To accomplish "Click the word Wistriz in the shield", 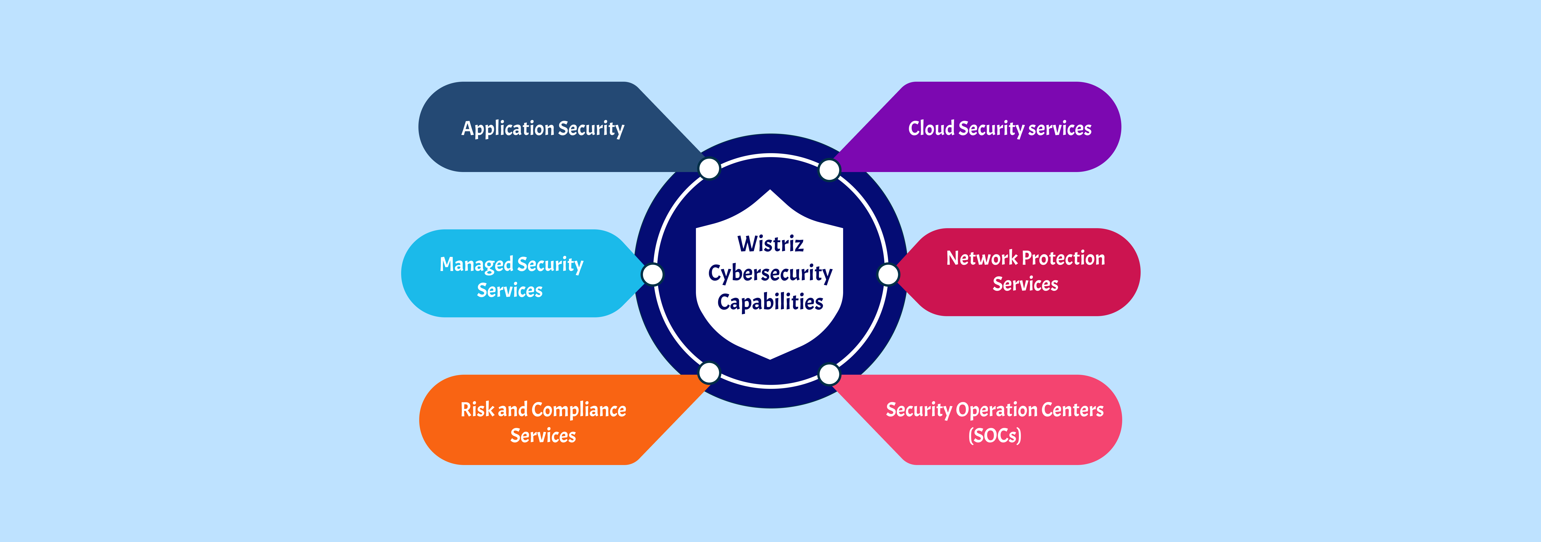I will click(x=770, y=244).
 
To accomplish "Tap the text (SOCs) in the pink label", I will click(x=995, y=435).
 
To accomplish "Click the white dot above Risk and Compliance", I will click(x=709, y=373).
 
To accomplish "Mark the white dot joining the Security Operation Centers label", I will click(x=829, y=374).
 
